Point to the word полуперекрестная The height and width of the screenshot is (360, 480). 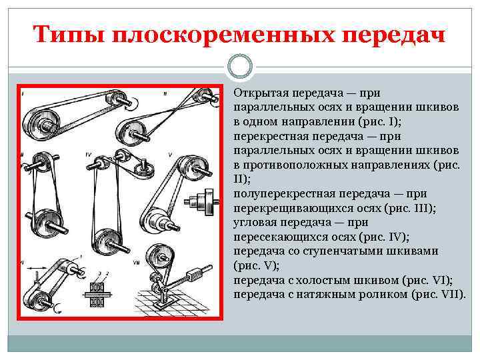coord(280,194)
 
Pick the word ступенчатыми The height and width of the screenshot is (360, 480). coord(369,251)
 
